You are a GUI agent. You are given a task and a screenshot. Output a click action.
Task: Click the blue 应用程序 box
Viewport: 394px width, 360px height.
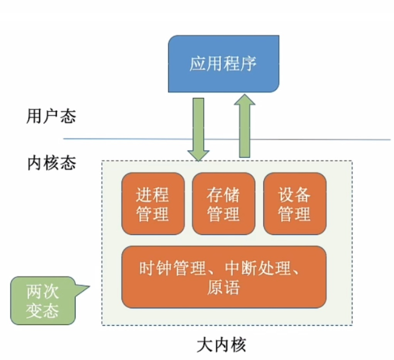coord(223,63)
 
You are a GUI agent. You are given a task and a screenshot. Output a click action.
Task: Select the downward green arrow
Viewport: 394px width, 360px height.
coord(198,126)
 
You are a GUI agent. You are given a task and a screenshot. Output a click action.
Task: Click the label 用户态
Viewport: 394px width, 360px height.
coord(51,115)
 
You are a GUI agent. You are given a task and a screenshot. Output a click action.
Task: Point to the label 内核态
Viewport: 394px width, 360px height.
coord(51,162)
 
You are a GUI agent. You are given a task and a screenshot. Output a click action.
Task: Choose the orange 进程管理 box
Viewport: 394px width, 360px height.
coord(153,204)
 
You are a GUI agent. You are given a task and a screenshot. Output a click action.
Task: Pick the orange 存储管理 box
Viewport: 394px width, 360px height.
coord(224,204)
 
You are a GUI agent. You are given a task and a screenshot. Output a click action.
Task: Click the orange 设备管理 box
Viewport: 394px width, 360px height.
coord(294,204)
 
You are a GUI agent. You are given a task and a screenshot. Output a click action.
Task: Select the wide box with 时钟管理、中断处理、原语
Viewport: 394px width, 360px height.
coord(224,277)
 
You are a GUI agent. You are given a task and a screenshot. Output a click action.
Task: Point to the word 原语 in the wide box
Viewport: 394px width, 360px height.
coord(223,288)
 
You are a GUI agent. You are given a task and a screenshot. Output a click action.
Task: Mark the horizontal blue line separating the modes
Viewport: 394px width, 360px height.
coord(117,139)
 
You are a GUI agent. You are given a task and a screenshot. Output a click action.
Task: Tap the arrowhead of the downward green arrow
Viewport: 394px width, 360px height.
coord(198,153)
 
